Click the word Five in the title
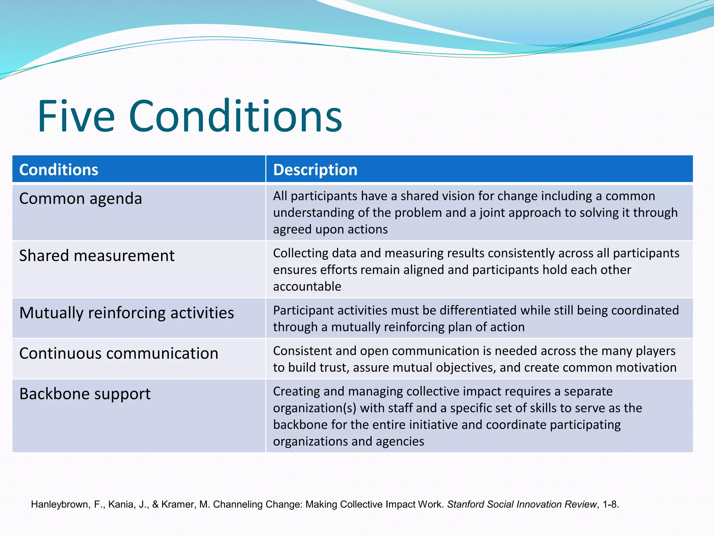(76, 117)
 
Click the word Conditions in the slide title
(235, 117)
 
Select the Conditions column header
(59, 170)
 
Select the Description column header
(315, 170)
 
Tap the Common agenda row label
(81, 199)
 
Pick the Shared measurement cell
(97, 256)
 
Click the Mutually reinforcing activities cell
(127, 313)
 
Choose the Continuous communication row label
(119, 353)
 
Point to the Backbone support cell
(85, 394)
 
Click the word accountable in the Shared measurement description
(307, 286)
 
